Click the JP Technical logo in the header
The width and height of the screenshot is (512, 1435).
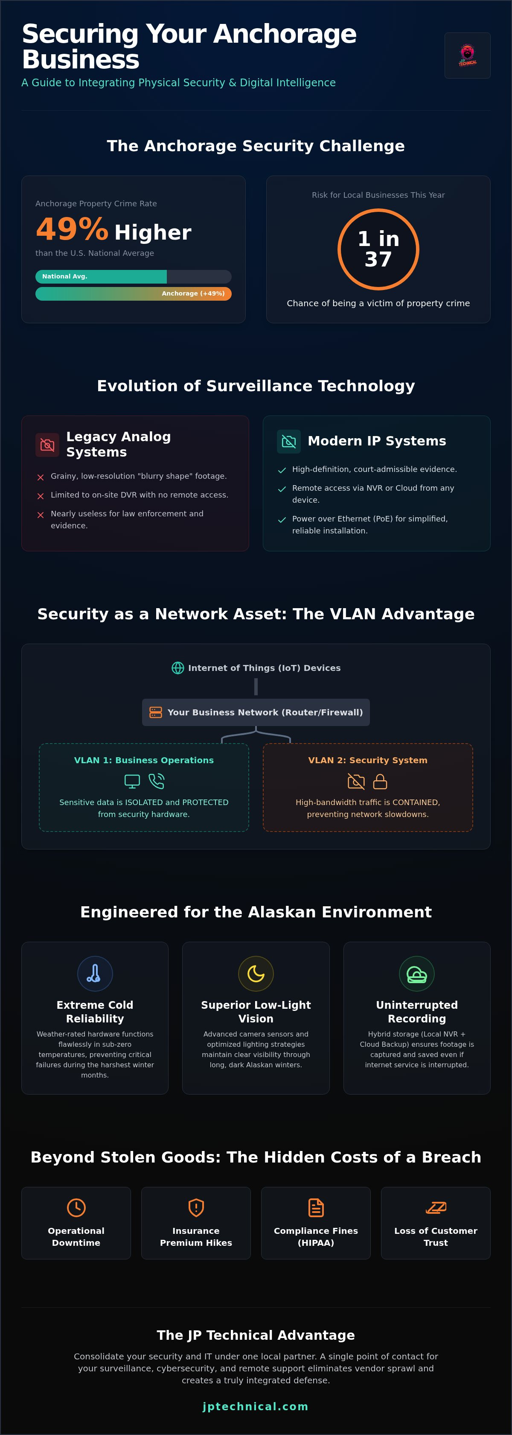click(x=468, y=55)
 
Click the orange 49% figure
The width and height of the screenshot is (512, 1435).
click(x=72, y=229)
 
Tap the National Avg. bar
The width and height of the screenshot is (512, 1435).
click(x=101, y=276)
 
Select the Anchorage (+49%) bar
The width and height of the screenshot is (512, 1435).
click(x=134, y=293)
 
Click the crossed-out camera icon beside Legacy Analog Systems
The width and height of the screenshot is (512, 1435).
click(x=47, y=445)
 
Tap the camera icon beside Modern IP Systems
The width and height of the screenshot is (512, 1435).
click(x=289, y=441)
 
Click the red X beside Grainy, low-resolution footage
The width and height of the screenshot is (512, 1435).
click(x=41, y=477)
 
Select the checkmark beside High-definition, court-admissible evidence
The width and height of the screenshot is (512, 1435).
click(x=282, y=470)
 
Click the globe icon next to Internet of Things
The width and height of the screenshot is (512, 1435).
click(x=177, y=668)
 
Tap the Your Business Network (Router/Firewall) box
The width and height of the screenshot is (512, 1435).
click(x=256, y=712)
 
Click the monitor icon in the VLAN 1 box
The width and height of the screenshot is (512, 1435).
click(x=132, y=782)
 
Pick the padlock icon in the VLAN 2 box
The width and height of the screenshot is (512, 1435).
click(x=380, y=782)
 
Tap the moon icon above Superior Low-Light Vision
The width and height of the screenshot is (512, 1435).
click(x=256, y=973)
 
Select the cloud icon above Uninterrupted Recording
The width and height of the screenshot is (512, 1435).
click(x=417, y=974)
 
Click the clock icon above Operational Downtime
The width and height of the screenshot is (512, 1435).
click(x=76, y=1207)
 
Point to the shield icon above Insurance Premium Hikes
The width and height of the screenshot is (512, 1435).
click(x=196, y=1207)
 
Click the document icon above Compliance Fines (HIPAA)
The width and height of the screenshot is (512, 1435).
click(x=316, y=1207)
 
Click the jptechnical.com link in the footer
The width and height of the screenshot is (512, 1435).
click(x=256, y=1406)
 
